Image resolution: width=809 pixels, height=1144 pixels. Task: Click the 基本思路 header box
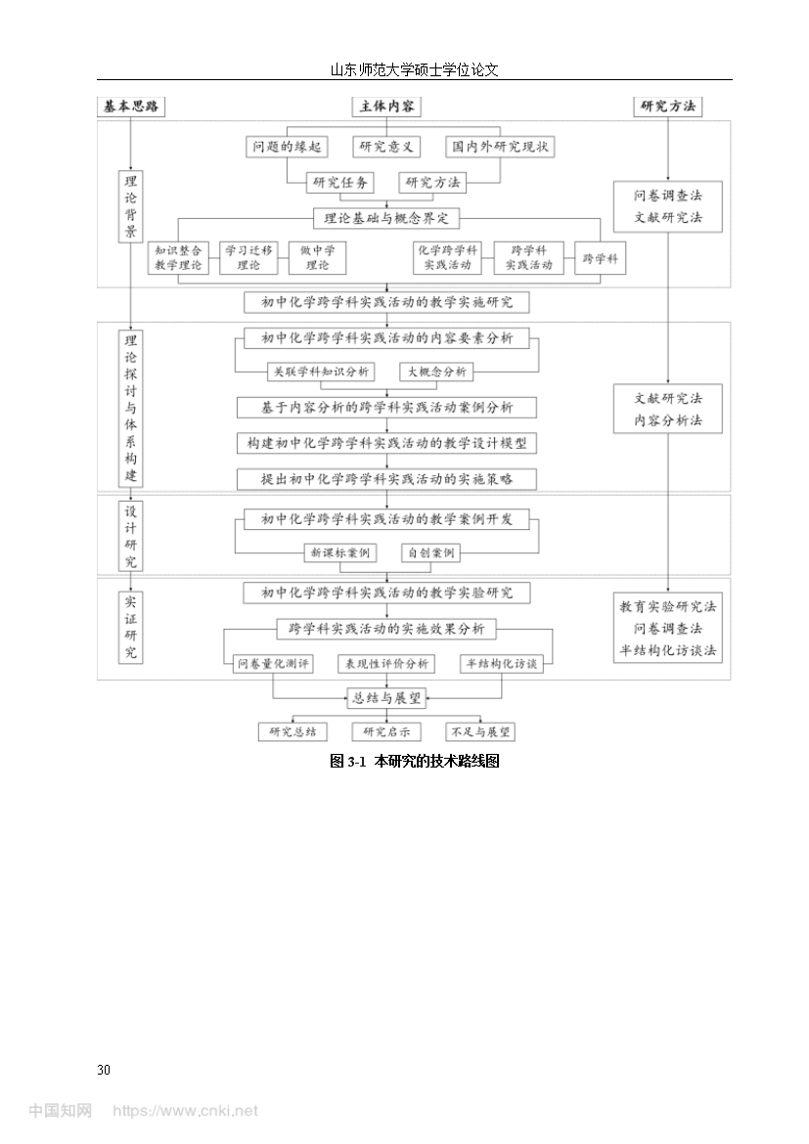[x=131, y=107]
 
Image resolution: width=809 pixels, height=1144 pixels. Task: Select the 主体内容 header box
[x=387, y=107]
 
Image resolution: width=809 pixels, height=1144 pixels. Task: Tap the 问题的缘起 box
[x=287, y=147]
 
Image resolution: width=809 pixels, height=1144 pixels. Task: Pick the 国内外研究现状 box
[x=500, y=147]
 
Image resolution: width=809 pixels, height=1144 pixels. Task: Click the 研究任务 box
[x=340, y=183]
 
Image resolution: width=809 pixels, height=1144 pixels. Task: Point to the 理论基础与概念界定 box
[x=387, y=218]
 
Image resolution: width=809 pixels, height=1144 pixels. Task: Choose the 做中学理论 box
[x=317, y=257]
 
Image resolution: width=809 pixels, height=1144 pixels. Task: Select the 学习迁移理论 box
[x=248, y=257]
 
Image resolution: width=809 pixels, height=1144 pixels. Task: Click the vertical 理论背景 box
[x=131, y=206]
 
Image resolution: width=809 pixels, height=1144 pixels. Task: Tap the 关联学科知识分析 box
[x=321, y=373]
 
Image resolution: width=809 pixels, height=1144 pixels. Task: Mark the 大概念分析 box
[x=436, y=373]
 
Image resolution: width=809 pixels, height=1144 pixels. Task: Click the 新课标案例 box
[x=340, y=553]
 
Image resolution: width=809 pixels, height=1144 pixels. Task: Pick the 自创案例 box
[x=430, y=553]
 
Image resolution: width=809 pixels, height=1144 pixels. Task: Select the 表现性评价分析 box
[x=386, y=664]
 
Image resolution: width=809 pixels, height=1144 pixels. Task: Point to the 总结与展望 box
[x=387, y=698]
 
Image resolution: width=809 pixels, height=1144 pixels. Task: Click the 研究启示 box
[x=386, y=731]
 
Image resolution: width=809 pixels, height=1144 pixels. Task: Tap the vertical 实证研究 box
[x=131, y=628]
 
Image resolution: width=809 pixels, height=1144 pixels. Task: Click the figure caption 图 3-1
[x=347, y=762]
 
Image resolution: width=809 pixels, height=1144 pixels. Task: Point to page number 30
[x=104, y=1070]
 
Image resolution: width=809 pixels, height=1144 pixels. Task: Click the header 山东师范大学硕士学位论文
[x=415, y=70]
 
